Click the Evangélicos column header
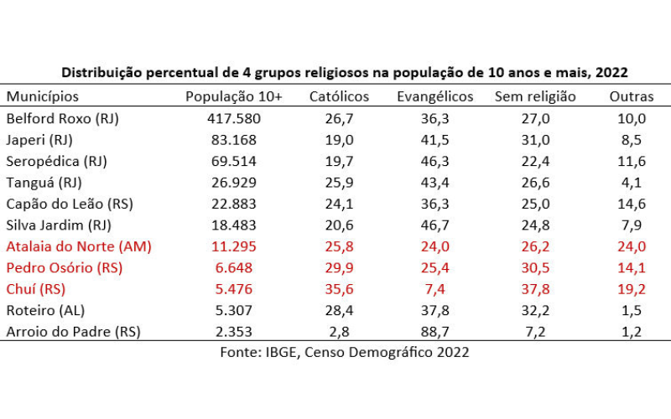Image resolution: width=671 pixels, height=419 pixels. point(434,96)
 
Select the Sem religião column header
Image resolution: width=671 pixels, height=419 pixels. point(535,96)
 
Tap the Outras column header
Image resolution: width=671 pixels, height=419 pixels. point(632,96)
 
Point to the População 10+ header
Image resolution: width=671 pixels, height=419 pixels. point(234,96)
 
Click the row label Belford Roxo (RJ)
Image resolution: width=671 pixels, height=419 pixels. point(63,118)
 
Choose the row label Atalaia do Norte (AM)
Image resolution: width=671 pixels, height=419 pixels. point(79,246)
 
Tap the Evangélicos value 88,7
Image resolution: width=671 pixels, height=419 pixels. point(434,331)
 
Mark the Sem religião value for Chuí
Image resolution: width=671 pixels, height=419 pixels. point(535,288)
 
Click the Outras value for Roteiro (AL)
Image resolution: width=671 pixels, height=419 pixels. point(632,310)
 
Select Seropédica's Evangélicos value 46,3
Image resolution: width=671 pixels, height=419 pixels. point(434,161)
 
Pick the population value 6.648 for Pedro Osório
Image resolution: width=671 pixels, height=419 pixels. point(237,267)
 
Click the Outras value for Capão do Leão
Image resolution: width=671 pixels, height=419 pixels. point(632,204)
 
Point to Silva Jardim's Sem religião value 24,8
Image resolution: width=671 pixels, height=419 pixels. point(535,225)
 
